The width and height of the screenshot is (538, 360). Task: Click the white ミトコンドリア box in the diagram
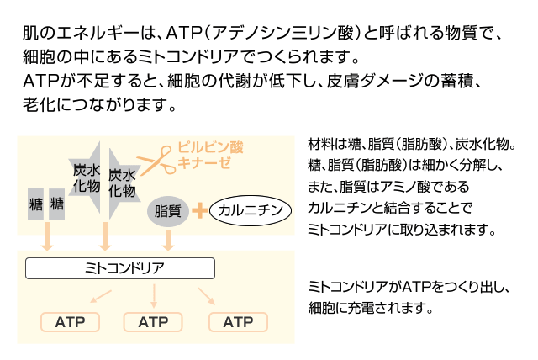(x=120, y=268)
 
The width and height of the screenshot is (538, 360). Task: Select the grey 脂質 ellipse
(x=169, y=210)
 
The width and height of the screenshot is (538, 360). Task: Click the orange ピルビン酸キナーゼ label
(x=210, y=155)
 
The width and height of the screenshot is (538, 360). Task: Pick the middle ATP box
(x=153, y=322)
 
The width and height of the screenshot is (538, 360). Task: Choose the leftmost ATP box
(x=70, y=322)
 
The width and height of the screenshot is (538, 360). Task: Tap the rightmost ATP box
(x=238, y=322)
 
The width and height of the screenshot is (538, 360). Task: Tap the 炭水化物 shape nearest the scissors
(x=123, y=181)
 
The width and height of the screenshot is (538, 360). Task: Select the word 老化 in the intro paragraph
(x=40, y=107)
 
